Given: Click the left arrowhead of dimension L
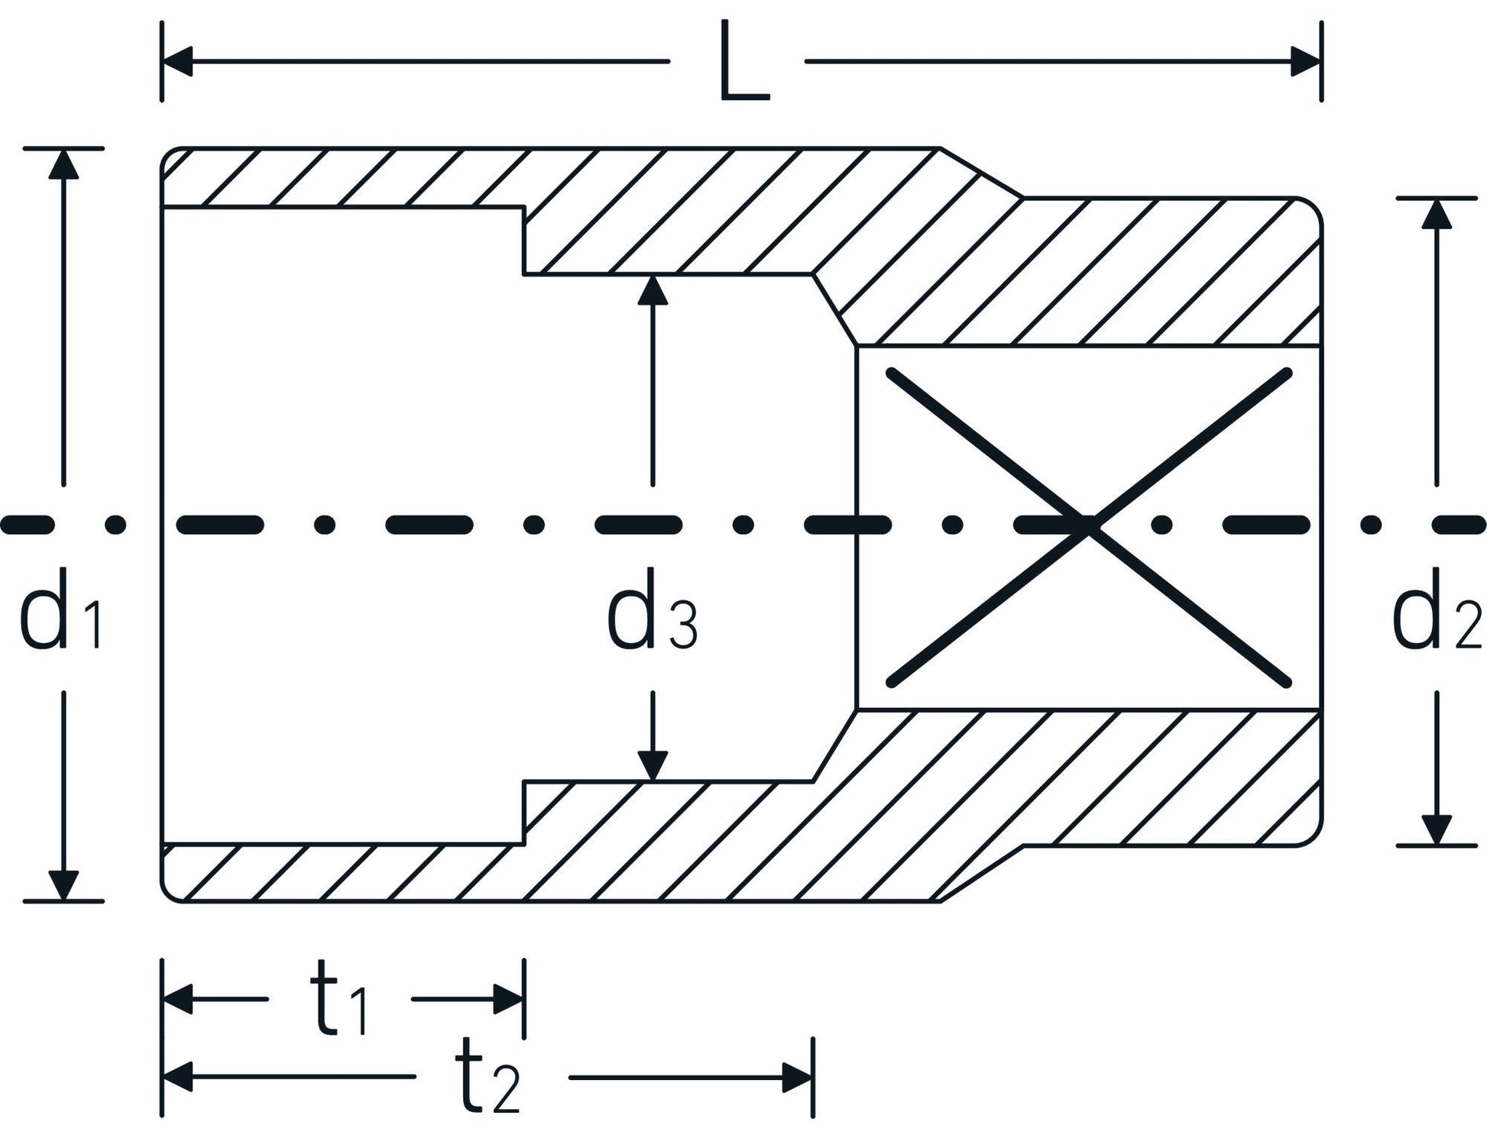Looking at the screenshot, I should pyautogui.click(x=178, y=61).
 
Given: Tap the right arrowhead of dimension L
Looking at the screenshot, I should pyautogui.click(x=1305, y=61).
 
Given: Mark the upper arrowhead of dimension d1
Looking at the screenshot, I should pyautogui.click(x=63, y=164).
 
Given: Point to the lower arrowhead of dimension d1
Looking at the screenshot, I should pyautogui.click(x=63, y=884).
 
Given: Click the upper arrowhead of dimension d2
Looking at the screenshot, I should pyautogui.click(x=1437, y=214).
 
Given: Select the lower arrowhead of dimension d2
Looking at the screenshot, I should pyautogui.click(x=1437, y=829).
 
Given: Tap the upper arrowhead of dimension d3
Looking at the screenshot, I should pyautogui.click(x=652, y=290).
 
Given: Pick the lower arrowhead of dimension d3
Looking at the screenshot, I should pyautogui.click(x=652, y=766).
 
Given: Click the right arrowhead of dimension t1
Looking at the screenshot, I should pyautogui.click(x=507, y=998).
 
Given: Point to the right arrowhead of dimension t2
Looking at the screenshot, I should pyautogui.click(x=796, y=1078).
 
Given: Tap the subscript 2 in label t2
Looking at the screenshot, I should pyautogui.click(x=507, y=1090).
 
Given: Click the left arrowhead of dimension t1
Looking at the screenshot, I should pyautogui.click(x=178, y=998).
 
